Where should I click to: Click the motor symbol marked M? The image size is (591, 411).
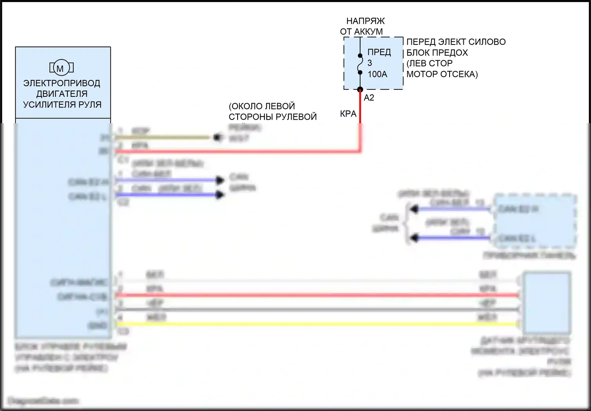[x=61, y=68]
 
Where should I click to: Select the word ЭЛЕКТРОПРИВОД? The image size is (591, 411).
[x=62, y=83]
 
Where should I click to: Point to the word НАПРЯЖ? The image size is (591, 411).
[x=365, y=21]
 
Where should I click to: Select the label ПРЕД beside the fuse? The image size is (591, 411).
[x=379, y=52]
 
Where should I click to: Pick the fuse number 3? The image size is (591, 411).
[x=370, y=63]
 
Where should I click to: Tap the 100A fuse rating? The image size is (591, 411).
[x=377, y=74]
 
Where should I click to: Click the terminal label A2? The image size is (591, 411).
[x=369, y=98]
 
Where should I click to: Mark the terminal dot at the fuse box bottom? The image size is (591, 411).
[x=360, y=90]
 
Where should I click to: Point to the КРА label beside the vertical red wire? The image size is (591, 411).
[x=348, y=114]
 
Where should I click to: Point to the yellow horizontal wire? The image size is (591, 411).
[x=315, y=324]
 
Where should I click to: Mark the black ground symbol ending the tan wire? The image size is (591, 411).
[x=217, y=137]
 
